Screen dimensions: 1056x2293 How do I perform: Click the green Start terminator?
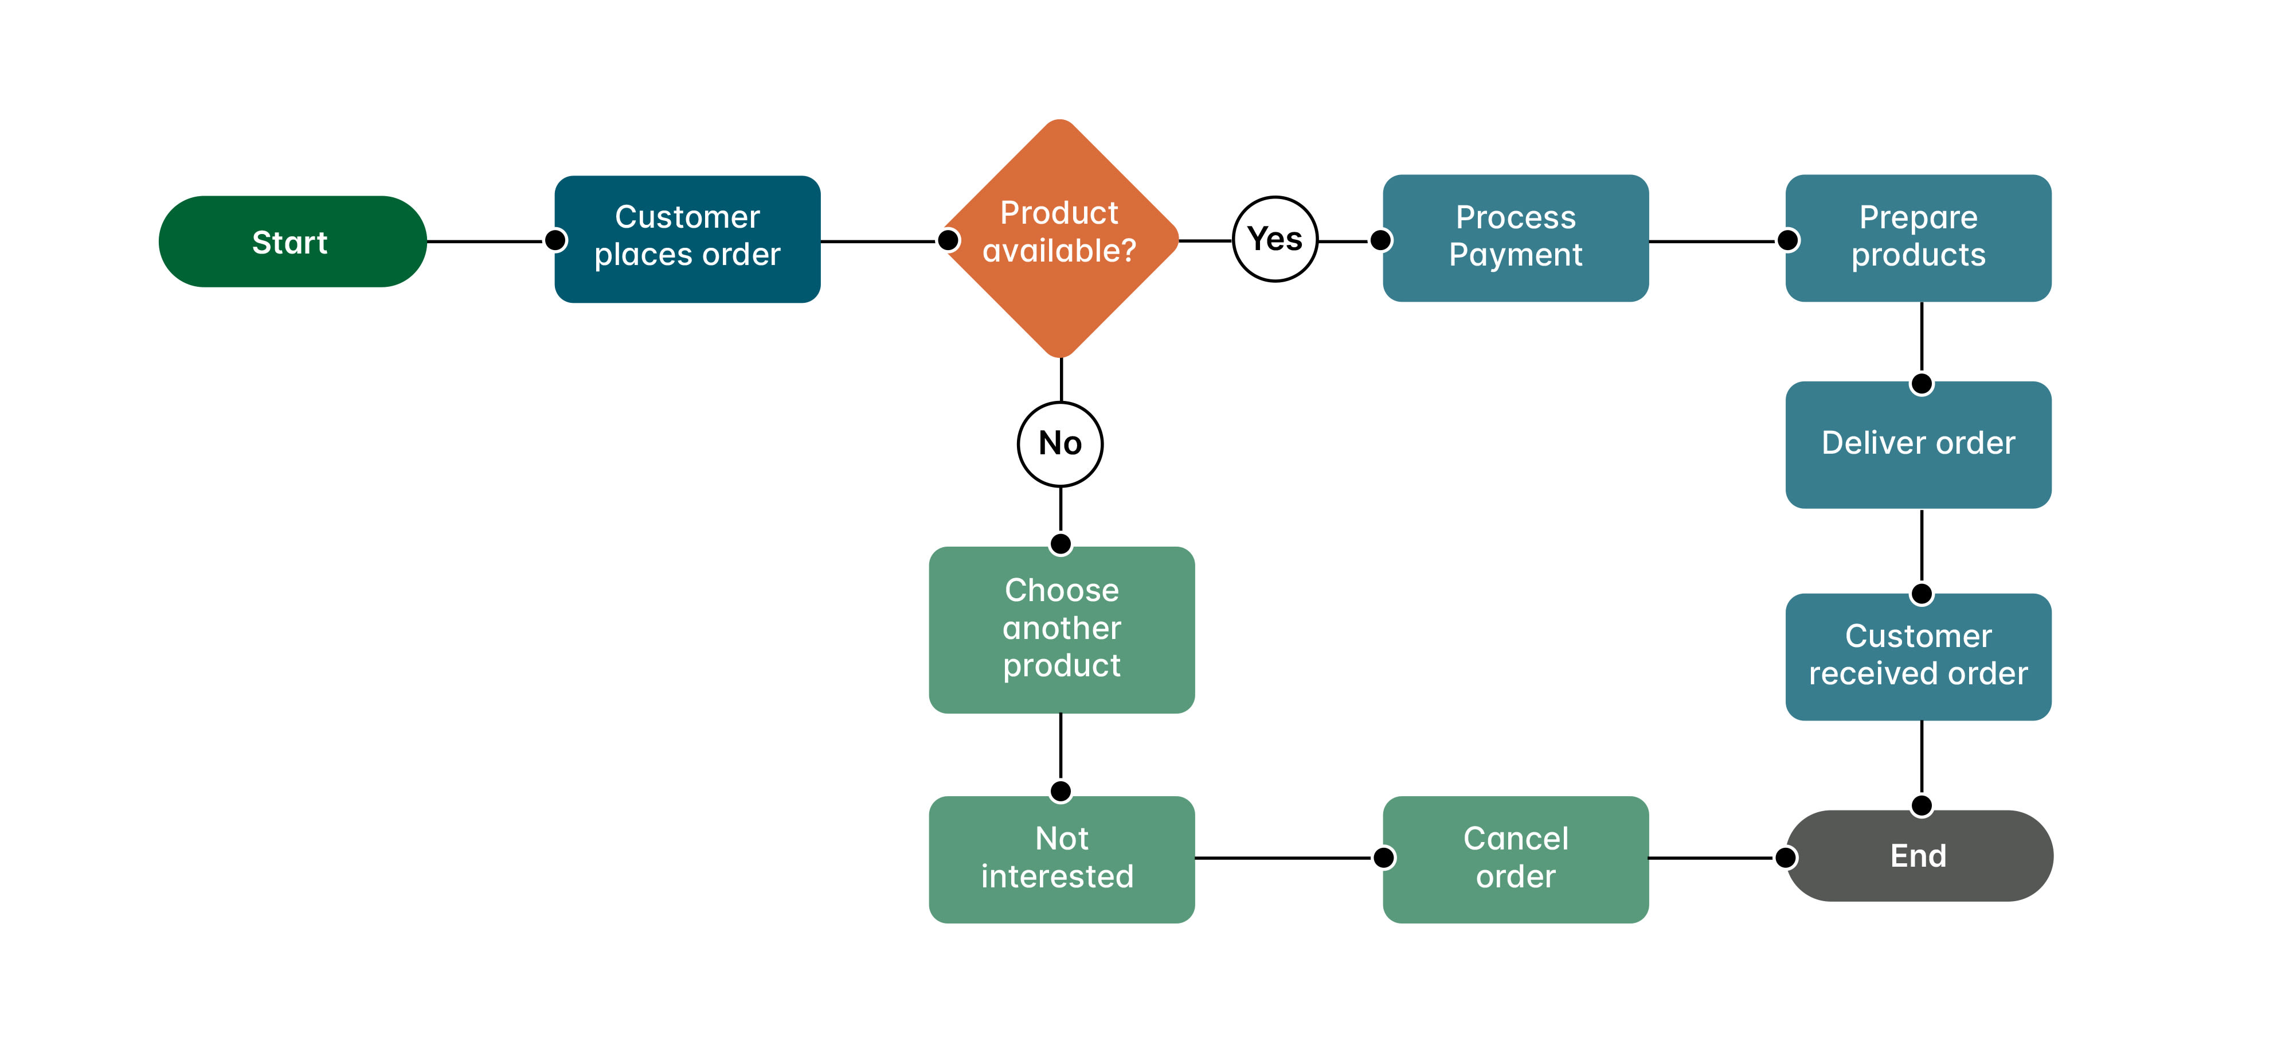tap(292, 241)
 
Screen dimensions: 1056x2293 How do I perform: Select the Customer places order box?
tap(687, 239)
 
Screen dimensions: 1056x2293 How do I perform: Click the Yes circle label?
tap(1275, 239)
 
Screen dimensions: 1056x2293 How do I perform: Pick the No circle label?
tap(1060, 443)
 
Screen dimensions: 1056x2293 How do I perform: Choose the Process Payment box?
tap(1515, 237)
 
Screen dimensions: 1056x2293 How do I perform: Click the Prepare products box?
tap(1918, 237)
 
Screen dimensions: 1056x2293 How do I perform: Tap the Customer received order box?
tap(1918, 656)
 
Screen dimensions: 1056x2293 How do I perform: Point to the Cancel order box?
tap(1515, 858)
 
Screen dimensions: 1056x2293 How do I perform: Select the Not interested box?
tap(1061, 858)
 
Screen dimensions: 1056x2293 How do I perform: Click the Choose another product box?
tap(1061, 629)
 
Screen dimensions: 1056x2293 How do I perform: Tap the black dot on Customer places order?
tap(555, 240)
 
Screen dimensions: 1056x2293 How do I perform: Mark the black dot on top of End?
tap(1922, 806)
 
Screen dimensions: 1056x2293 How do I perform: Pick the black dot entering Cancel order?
tap(1384, 858)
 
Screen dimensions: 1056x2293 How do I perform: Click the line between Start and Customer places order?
tap(485, 241)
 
